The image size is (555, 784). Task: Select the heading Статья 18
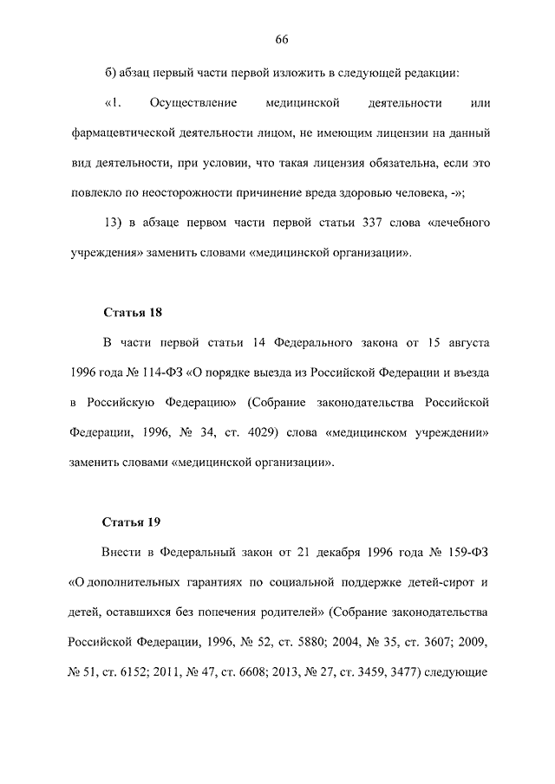pos(133,312)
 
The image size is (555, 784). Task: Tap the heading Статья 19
pos(133,522)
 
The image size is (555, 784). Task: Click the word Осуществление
pos(193,104)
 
